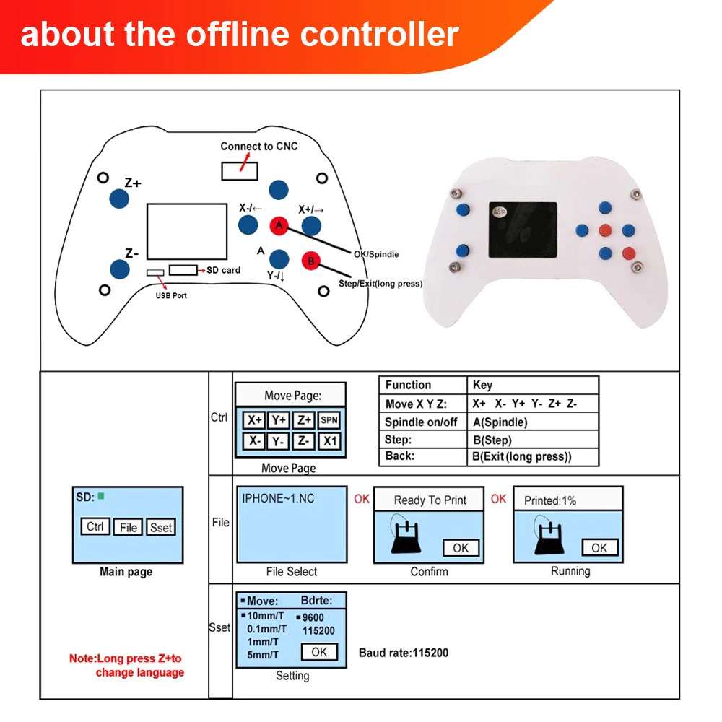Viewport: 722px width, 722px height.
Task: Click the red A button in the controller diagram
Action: pyautogui.click(x=279, y=226)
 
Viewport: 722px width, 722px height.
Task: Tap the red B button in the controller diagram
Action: pyautogui.click(x=310, y=261)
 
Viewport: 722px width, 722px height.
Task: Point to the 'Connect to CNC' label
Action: pyautogui.click(x=258, y=147)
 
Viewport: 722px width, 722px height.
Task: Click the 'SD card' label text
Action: pyautogui.click(x=224, y=270)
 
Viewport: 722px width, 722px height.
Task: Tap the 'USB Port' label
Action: pyautogui.click(x=171, y=295)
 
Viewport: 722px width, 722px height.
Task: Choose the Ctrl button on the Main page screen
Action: pyautogui.click(x=95, y=527)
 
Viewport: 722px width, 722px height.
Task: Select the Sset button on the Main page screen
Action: pyautogui.click(x=161, y=528)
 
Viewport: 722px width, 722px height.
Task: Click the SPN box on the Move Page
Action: pyautogui.click(x=329, y=419)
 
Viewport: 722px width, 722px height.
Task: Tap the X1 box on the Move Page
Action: pyautogui.click(x=329, y=441)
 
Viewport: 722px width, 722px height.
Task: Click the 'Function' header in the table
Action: pyautogui.click(x=408, y=385)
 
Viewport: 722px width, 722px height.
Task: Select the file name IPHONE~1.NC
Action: pyautogui.click(x=278, y=498)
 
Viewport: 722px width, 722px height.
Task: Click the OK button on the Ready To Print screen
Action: pyautogui.click(x=461, y=548)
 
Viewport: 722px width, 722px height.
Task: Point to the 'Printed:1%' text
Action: pyautogui.click(x=550, y=500)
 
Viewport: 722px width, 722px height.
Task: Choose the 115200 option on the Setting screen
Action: pyautogui.click(x=318, y=630)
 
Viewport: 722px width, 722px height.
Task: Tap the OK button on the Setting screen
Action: pyautogui.click(x=318, y=652)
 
